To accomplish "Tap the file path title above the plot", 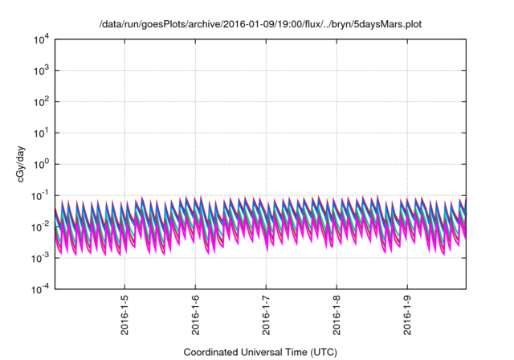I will [260, 25].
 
